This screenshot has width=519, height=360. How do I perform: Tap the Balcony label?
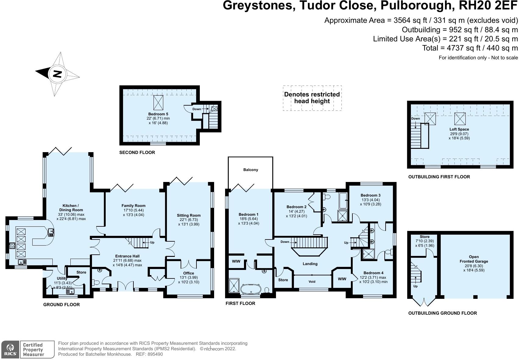click(251, 170)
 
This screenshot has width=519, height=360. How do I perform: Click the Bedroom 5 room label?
click(158, 114)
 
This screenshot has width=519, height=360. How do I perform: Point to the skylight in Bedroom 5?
click(158, 103)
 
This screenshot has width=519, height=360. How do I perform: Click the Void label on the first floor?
click(312, 282)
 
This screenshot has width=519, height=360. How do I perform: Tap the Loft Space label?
click(459, 129)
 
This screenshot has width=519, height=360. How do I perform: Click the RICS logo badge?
click(10, 350)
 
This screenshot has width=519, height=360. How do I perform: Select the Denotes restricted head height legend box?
click(312, 98)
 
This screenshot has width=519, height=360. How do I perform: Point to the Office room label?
click(189, 273)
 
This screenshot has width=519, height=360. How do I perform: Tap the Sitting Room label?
click(189, 215)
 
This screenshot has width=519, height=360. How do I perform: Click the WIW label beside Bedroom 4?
click(342, 279)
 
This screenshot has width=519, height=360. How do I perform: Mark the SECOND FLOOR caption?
click(137, 152)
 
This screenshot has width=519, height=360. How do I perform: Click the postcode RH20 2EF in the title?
click(486, 6)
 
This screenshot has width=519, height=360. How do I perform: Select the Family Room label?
click(133, 206)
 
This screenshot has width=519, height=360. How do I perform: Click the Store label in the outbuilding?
click(425, 237)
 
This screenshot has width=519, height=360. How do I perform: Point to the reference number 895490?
click(155, 354)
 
